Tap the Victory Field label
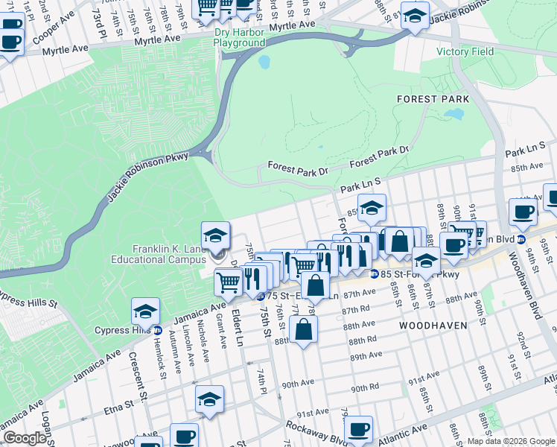click(465, 51)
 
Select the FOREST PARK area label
click(433, 98)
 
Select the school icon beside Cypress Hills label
click(145, 312)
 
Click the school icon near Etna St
click(209, 400)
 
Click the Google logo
click(25, 438)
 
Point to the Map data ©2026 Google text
click(510, 441)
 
